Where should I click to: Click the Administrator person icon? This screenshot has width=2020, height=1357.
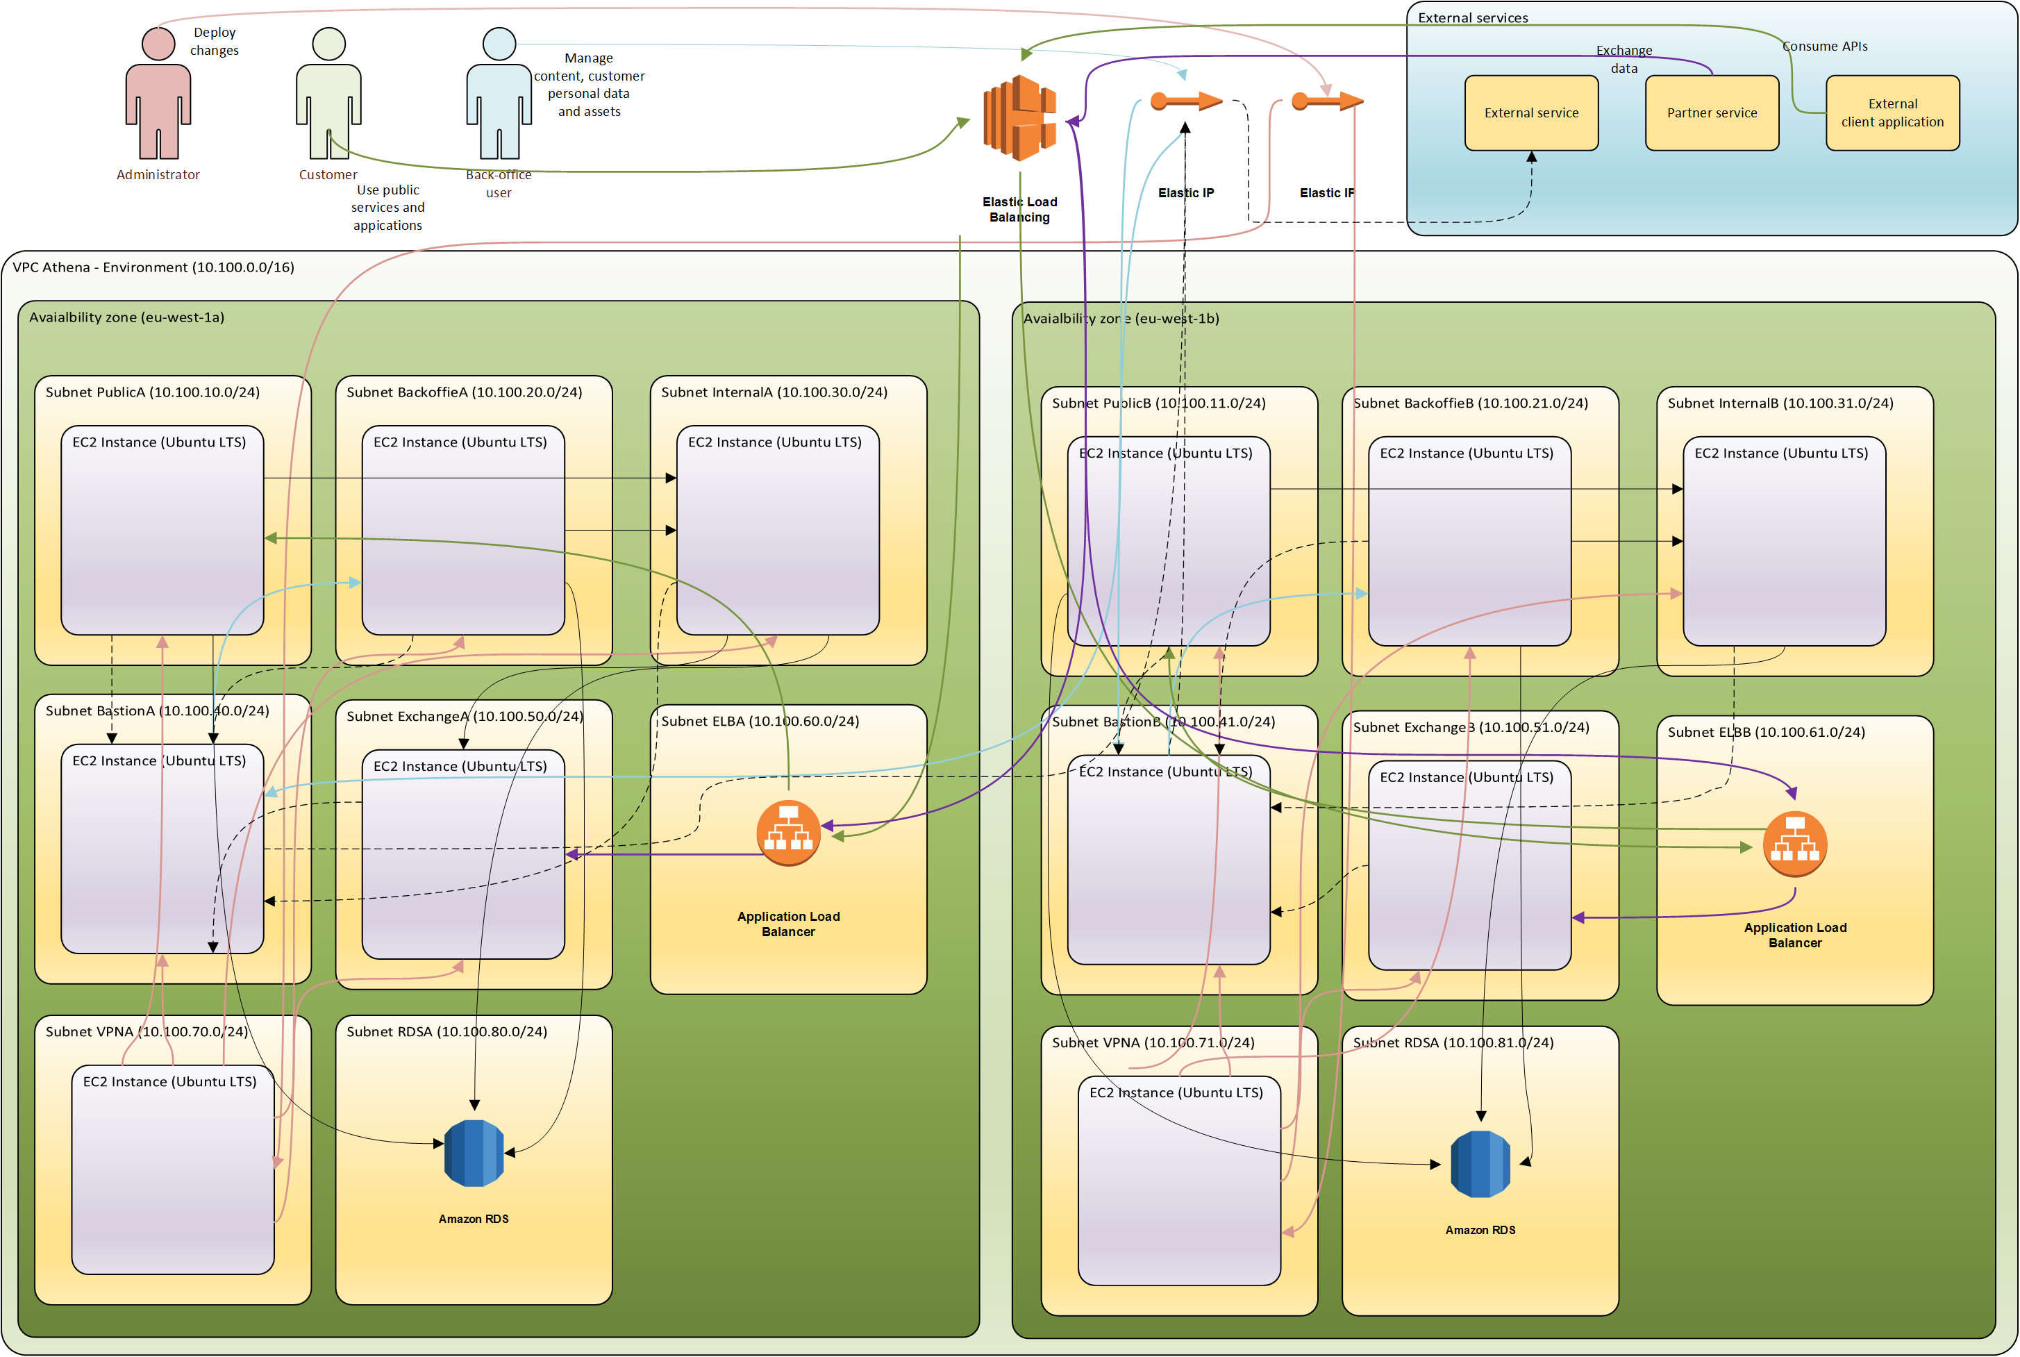click(158, 95)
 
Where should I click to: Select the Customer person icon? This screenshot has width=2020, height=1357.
click(328, 95)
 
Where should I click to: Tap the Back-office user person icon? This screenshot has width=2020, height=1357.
click(499, 95)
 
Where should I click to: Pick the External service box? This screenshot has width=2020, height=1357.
click(1531, 113)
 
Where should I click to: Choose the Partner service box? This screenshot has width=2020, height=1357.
click(1712, 113)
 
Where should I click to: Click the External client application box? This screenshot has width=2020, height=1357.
click(1892, 113)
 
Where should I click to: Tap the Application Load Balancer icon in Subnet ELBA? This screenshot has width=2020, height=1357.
click(788, 833)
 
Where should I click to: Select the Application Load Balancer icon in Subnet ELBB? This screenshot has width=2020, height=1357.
click(1795, 844)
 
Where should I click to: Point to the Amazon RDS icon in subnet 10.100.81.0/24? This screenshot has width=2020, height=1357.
click(1480, 1164)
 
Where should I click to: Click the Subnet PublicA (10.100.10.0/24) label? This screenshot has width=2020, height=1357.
click(152, 392)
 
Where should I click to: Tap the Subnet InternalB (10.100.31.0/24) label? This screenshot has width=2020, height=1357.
click(1780, 403)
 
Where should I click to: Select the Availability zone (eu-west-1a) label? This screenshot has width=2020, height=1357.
click(127, 317)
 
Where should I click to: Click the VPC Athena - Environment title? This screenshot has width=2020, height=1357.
click(153, 267)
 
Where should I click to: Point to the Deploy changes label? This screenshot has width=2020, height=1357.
click(215, 42)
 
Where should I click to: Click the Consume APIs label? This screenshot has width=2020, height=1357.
click(1824, 47)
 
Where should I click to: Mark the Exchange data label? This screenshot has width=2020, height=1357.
click(1623, 59)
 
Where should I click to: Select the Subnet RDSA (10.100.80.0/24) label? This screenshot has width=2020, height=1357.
click(446, 1031)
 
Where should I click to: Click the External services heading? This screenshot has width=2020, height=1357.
click(1472, 18)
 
